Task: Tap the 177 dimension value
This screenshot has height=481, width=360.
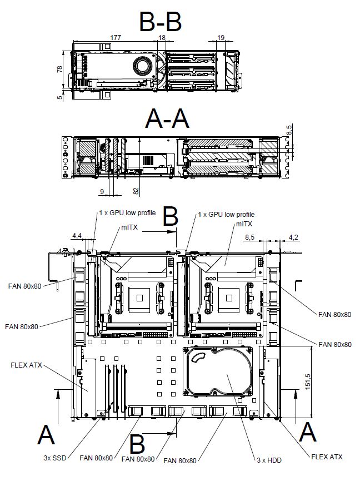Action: [115, 37]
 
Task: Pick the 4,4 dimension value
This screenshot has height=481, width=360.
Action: [77, 236]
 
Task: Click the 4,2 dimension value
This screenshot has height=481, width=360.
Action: [293, 237]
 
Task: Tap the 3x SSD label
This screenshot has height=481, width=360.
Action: [55, 458]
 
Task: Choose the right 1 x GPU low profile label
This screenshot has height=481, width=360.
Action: [226, 214]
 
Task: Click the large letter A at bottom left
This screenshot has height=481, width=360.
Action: [46, 434]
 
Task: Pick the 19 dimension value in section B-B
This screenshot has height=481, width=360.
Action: [221, 37]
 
